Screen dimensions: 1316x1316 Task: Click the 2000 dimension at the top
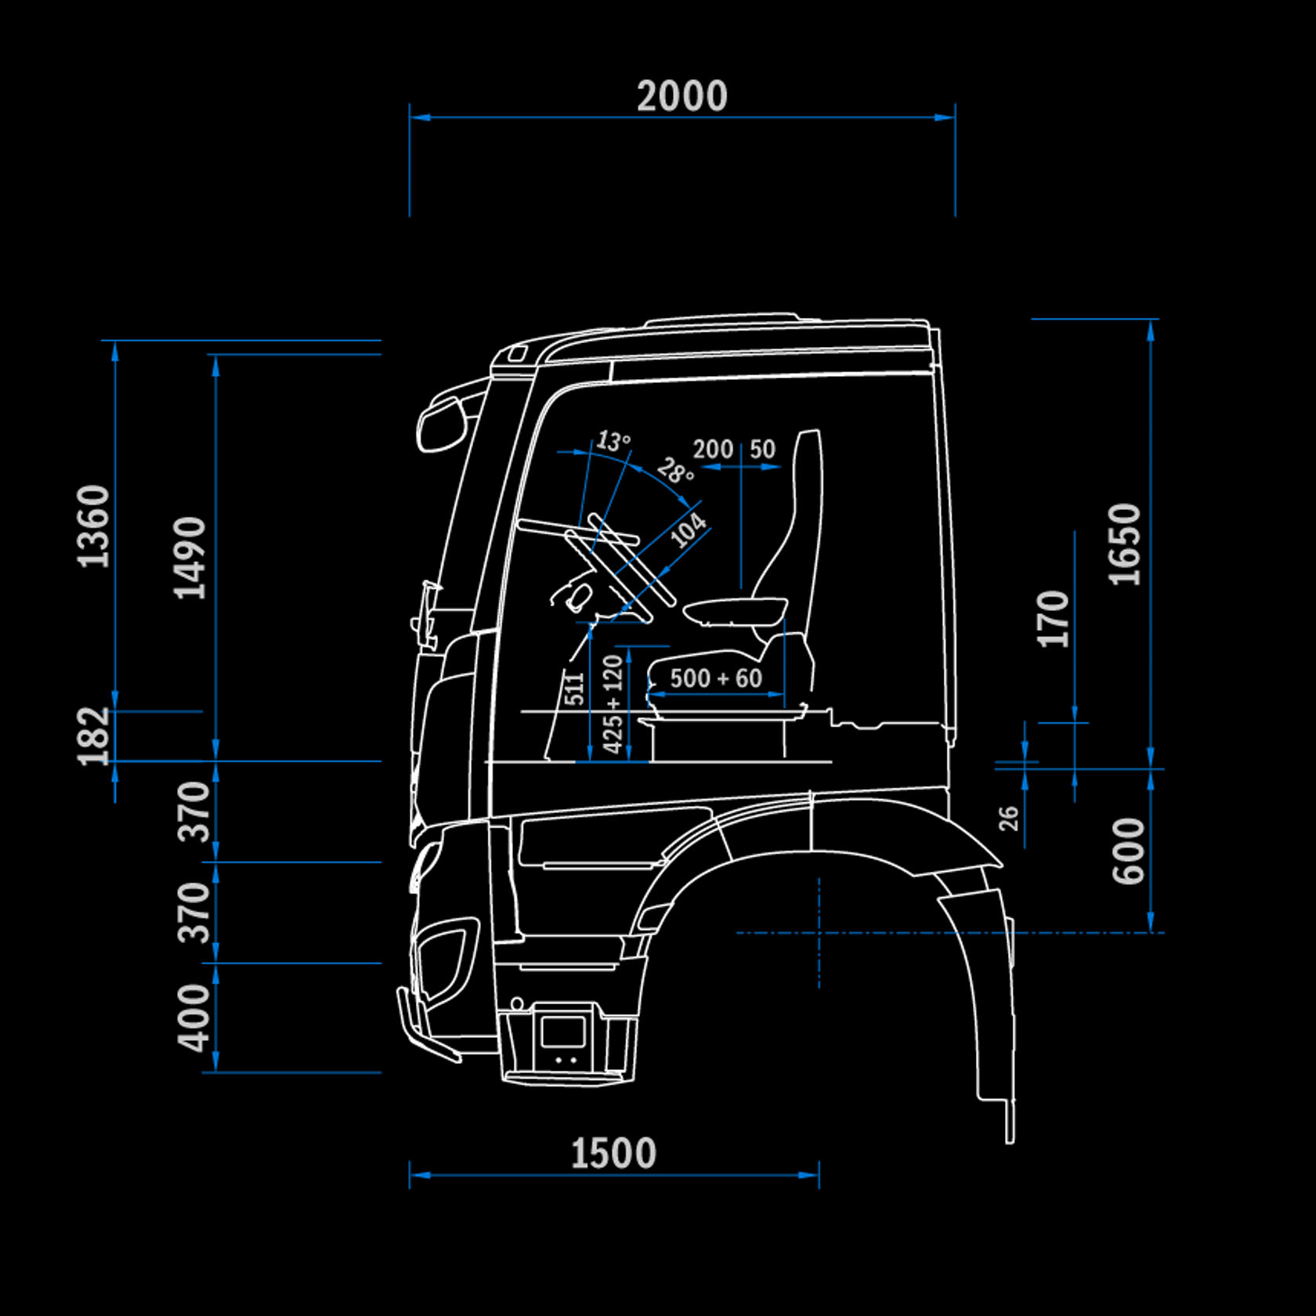click(x=681, y=97)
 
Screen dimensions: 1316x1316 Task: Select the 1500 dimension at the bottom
click(x=613, y=1154)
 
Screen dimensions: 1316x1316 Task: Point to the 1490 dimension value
click(x=190, y=558)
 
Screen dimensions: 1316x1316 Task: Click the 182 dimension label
click(x=94, y=736)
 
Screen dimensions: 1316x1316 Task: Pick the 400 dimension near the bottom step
click(x=194, y=1018)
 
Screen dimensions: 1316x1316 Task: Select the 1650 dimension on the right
click(x=1125, y=544)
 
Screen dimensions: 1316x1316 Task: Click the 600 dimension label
click(x=1129, y=851)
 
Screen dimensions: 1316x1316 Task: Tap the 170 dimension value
click(x=1053, y=620)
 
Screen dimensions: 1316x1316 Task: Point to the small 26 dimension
click(x=1009, y=818)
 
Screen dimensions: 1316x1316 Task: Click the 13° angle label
click(x=613, y=441)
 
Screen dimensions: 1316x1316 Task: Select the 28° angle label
click(x=675, y=472)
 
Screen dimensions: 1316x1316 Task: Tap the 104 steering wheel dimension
click(x=689, y=530)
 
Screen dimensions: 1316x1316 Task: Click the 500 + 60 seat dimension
click(x=716, y=678)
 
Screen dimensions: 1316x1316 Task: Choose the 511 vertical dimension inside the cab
click(x=574, y=689)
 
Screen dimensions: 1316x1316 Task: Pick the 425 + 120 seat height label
click(x=613, y=704)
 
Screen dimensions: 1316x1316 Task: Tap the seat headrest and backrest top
click(x=808, y=470)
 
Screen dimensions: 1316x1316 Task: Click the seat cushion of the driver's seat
click(x=735, y=609)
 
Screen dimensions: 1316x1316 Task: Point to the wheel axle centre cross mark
click(x=819, y=933)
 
